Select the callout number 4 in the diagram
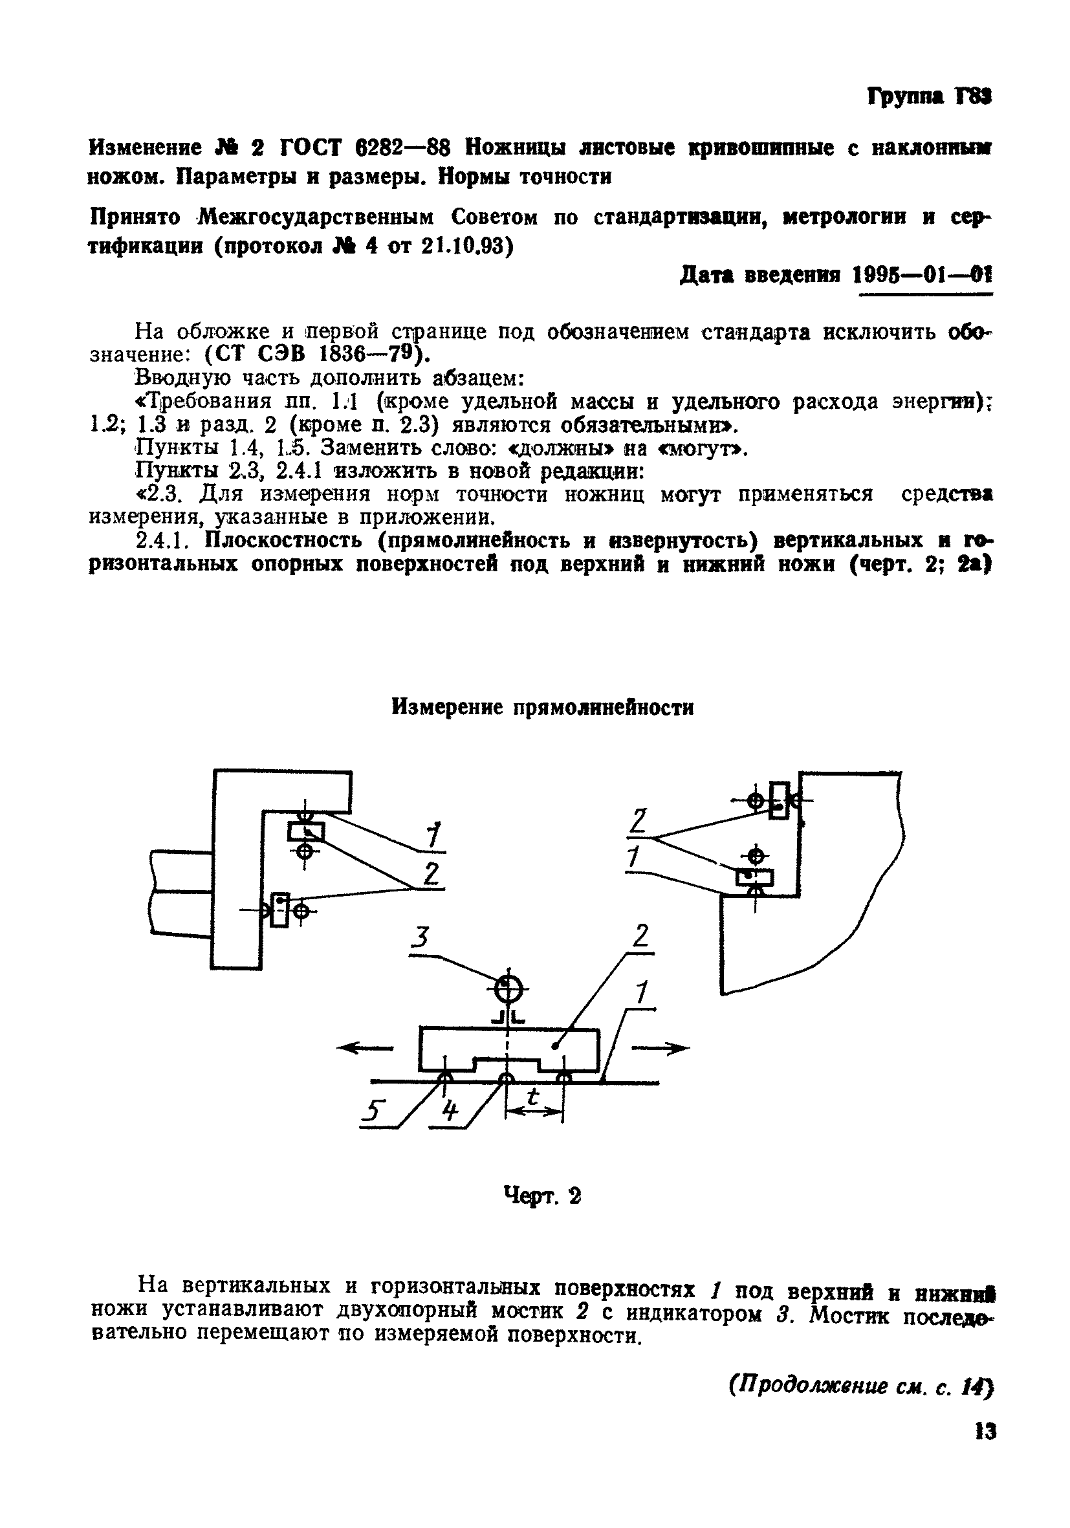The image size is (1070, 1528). click(450, 1109)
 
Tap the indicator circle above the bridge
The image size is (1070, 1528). click(508, 990)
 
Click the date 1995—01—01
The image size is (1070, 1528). click(923, 275)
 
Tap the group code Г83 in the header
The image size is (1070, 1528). click(973, 98)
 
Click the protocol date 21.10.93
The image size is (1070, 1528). click(466, 246)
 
